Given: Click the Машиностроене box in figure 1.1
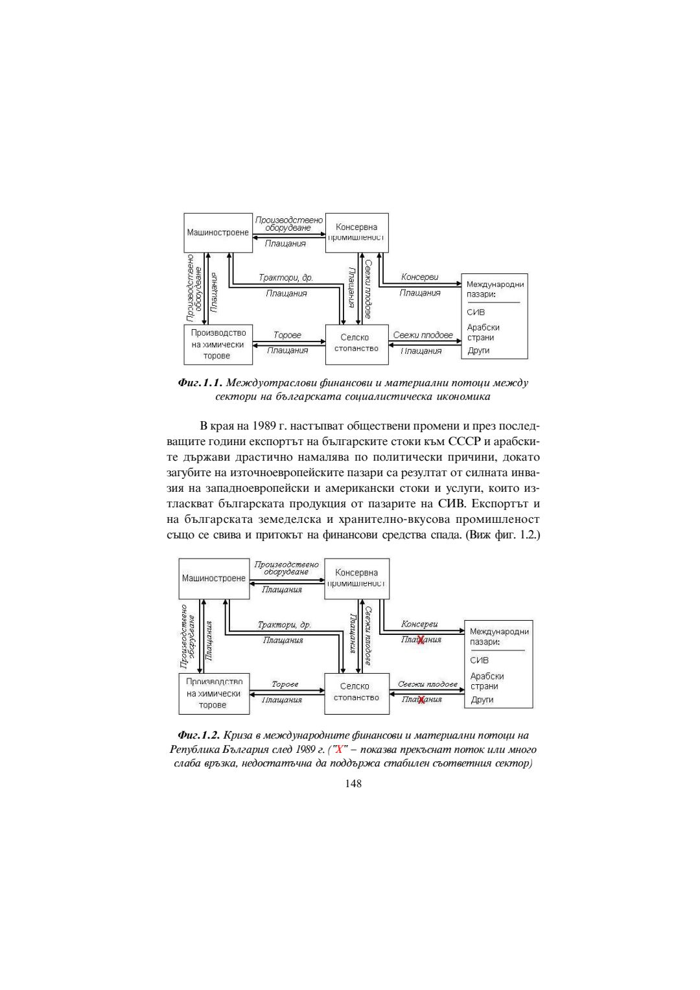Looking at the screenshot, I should tap(218, 233).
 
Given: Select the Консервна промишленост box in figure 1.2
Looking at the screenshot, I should tap(356, 578).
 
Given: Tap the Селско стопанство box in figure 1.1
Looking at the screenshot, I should tap(356, 343).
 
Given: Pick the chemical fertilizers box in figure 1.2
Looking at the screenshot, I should tap(214, 693).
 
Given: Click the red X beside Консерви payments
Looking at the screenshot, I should tap(421, 640).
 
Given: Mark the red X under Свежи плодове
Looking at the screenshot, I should tap(421, 700).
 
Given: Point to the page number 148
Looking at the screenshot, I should tap(353, 783).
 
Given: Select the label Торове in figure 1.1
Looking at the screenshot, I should tap(287, 336).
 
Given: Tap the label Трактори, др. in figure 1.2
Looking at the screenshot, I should tap(284, 625).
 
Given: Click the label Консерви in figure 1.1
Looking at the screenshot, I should tap(419, 277).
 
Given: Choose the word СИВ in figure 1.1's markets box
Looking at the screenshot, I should tap(476, 312).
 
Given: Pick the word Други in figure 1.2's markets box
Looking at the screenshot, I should tap(482, 700).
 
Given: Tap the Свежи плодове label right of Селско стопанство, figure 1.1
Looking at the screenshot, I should tap(423, 336).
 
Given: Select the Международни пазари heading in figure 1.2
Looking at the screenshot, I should tap(498, 636).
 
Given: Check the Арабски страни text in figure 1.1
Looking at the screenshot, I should tap(483, 332).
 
